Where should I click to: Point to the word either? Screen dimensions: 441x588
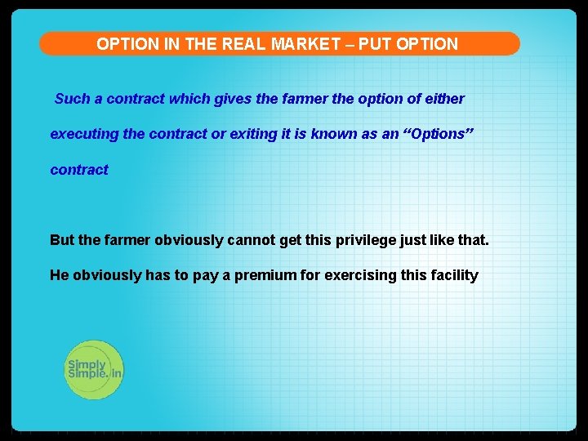click(x=445, y=99)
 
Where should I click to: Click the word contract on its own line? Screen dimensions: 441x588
click(x=79, y=170)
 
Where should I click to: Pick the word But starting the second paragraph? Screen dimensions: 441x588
click(x=61, y=240)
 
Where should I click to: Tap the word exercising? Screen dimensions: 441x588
click(x=360, y=275)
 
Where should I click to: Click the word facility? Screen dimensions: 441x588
click(x=453, y=275)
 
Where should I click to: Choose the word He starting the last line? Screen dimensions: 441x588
click(x=59, y=275)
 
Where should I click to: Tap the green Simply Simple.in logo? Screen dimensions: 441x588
click(x=93, y=369)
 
